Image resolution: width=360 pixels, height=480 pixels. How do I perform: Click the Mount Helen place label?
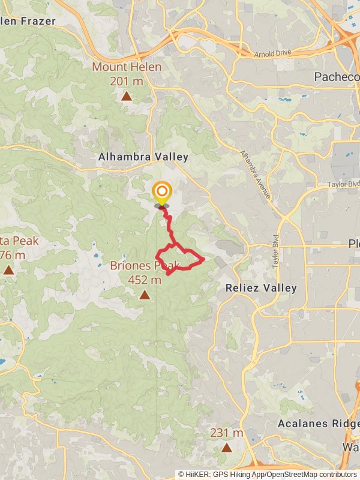point(127,67)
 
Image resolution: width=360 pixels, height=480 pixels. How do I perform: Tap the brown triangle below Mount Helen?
point(127,95)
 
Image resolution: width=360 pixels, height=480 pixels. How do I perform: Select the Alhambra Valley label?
point(143,157)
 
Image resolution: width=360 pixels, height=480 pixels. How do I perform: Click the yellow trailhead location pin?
point(161,193)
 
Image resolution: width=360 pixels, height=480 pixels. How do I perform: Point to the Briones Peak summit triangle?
point(145,295)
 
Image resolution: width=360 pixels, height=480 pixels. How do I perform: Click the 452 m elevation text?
point(145,280)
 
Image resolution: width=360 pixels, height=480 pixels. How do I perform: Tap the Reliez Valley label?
point(261,288)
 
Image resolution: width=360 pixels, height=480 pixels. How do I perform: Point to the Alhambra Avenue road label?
point(255,175)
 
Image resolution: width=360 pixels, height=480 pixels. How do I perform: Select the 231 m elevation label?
point(226,433)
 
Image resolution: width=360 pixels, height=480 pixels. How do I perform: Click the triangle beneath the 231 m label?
point(226,448)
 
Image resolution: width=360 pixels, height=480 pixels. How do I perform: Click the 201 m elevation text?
point(127,80)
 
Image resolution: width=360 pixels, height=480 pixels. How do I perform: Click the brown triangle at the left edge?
point(8,270)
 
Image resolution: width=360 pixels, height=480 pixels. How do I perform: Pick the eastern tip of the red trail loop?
point(204,259)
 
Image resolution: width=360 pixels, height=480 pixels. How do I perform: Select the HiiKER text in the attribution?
point(197,475)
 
